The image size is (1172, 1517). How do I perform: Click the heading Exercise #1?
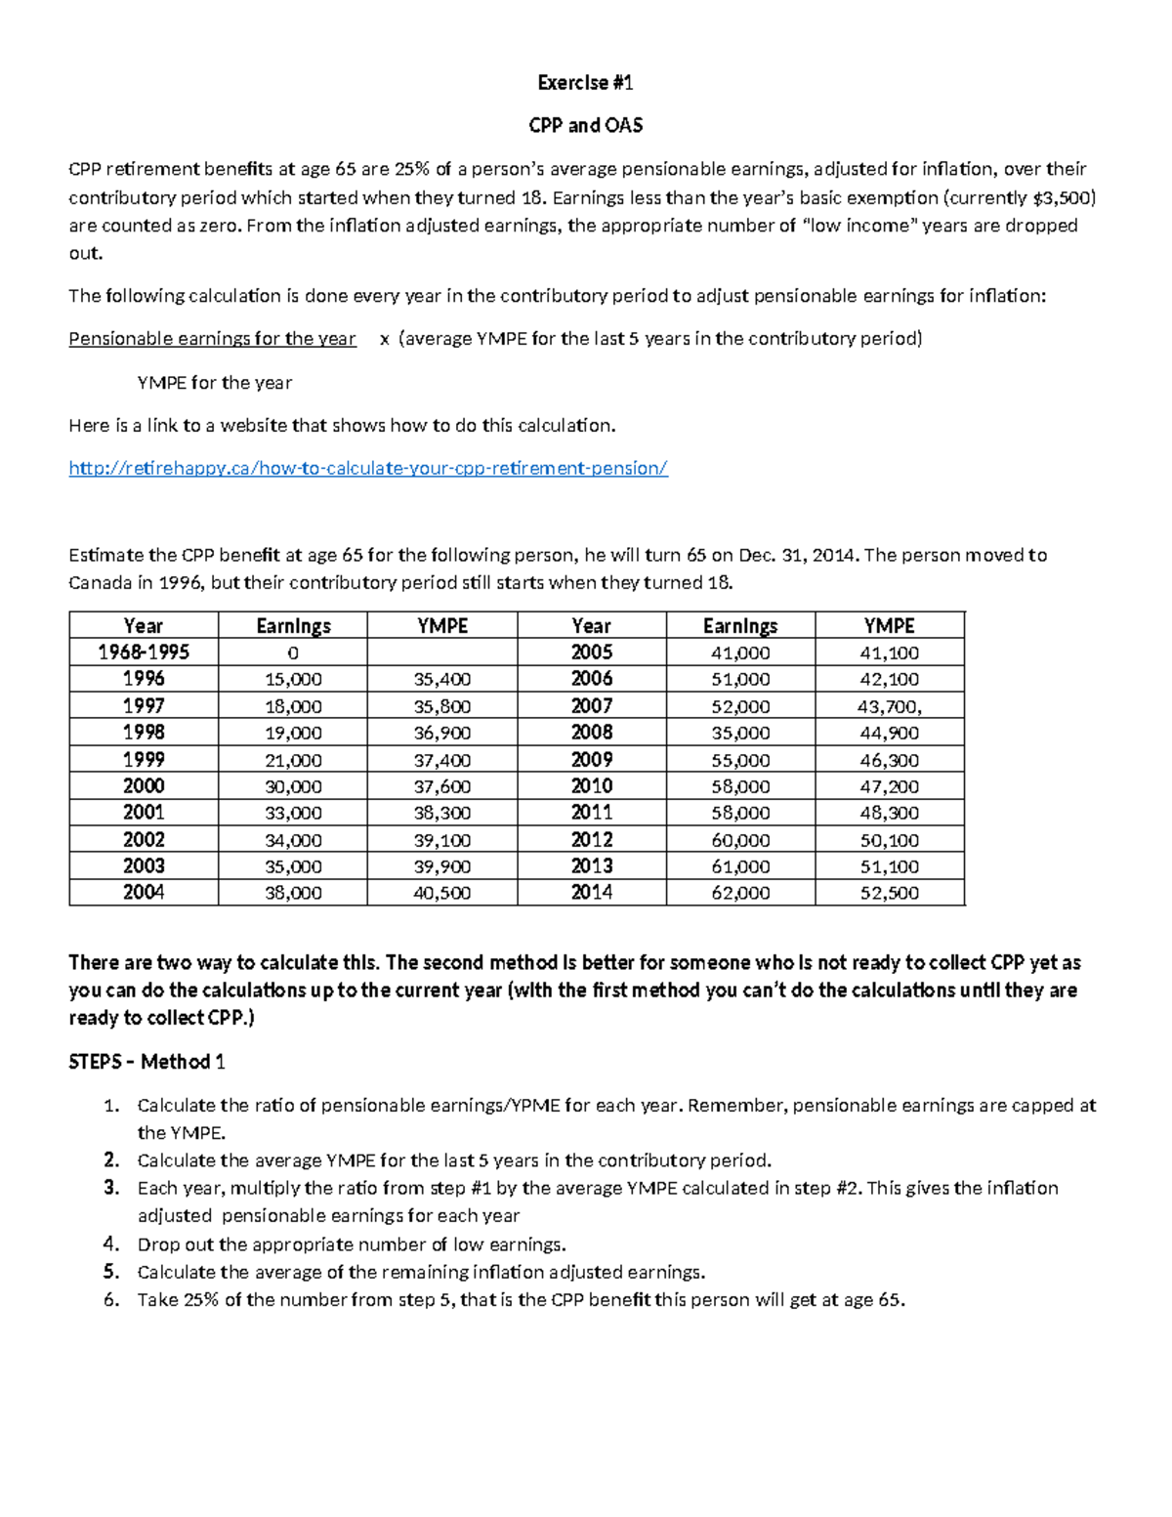(x=585, y=83)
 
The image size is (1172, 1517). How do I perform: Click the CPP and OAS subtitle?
(x=585, y=125)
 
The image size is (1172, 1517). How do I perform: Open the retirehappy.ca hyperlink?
(x=368, y=468)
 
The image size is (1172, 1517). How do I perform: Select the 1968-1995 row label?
(x=144, y=653)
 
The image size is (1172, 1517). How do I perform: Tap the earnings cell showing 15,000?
(x=293, y=679)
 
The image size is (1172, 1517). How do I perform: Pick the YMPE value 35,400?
(x=441, y=679)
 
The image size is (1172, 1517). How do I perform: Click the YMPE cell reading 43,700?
(x=890, y=706)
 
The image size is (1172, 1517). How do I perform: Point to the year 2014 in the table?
(x=592, y=892)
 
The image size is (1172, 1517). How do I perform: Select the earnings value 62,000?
(x=740, y=892)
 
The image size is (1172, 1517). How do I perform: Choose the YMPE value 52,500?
(x=890, y=892)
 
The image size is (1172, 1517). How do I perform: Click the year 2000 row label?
(x=144, y=785)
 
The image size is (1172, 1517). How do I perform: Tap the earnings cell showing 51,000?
(x=740, y=679)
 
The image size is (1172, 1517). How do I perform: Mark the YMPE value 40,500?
(x=441, y=892)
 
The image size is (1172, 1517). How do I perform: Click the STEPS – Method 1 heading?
(x=146, y=1062)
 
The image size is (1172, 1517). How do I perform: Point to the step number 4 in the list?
(x=111, y=1244)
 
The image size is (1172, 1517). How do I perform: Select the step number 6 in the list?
(x=111, y=1299)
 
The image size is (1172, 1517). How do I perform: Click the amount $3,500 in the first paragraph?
(x=1062, y=197)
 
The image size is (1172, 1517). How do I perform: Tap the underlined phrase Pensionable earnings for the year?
(x=212, y=339)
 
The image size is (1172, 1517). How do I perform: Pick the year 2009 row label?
(x=592, y=759)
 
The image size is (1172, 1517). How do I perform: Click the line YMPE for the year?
(x=215, y=383)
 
